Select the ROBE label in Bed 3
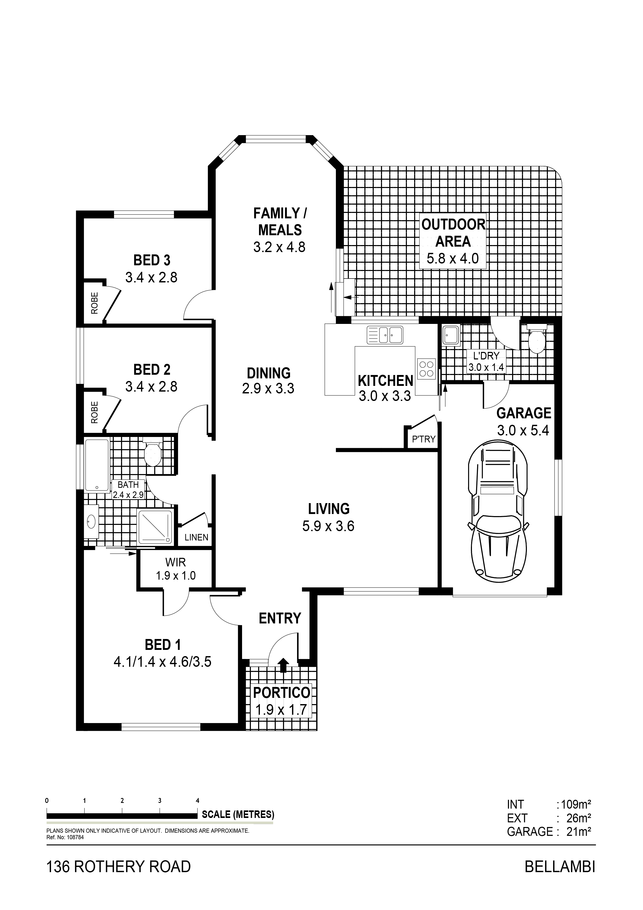(94, 303)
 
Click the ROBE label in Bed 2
(94, 412)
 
